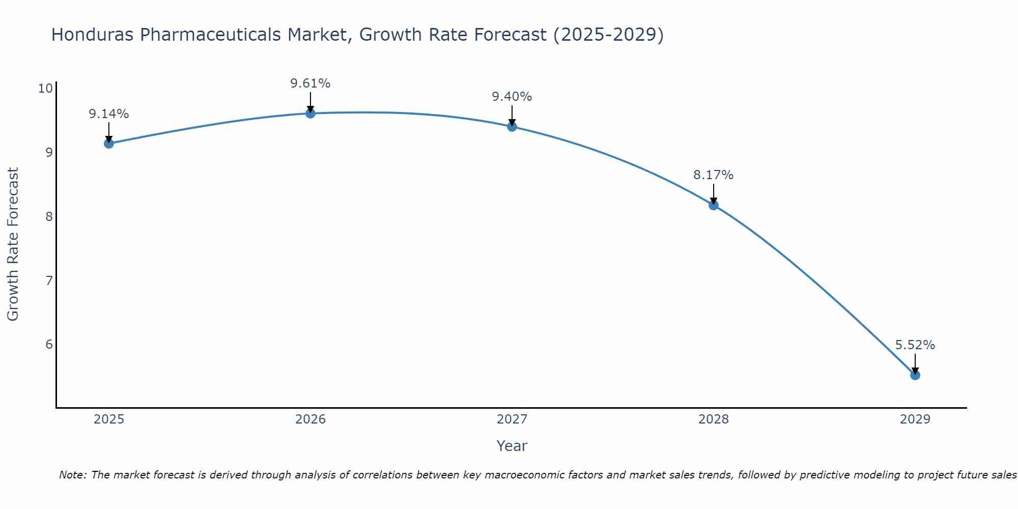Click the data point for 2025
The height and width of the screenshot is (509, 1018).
(109, 144)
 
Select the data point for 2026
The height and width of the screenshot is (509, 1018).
(310, 113)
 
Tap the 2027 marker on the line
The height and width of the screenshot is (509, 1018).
(512, 127)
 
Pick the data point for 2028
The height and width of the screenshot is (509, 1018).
(714, 205)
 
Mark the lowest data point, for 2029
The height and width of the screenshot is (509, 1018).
(915, 375)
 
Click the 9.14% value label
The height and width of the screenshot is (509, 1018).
(109, 114)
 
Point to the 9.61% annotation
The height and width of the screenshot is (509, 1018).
(310, 83)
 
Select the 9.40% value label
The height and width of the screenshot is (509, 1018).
(512, 97)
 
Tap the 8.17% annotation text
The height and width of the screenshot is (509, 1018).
(714, 175)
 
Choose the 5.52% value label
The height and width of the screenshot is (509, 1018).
(915, 345)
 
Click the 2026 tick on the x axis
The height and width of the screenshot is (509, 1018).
(310, 419)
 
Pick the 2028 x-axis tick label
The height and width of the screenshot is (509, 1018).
(714, 419)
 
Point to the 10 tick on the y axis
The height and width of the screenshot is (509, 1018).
(46, 89)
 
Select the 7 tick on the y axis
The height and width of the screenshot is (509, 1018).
(49, 280)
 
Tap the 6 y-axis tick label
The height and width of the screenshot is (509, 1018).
(49, 345)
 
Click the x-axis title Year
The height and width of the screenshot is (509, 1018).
(512, 446)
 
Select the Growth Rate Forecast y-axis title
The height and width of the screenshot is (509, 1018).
(13, 244)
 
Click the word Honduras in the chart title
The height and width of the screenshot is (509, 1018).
(93, 35)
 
